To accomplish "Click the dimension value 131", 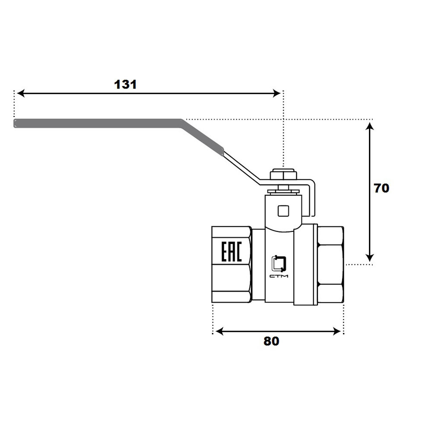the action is (125, 85).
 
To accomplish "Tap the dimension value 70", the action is (381, 188).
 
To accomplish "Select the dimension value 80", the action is (271, 341).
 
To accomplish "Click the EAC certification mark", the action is (232, 251).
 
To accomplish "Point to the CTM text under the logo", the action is (279, 276).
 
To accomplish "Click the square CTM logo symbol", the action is (279, 264).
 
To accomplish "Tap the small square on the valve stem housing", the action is (283, 211).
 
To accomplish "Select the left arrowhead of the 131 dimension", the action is (21, 93).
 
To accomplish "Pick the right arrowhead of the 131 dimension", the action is (276, 93).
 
